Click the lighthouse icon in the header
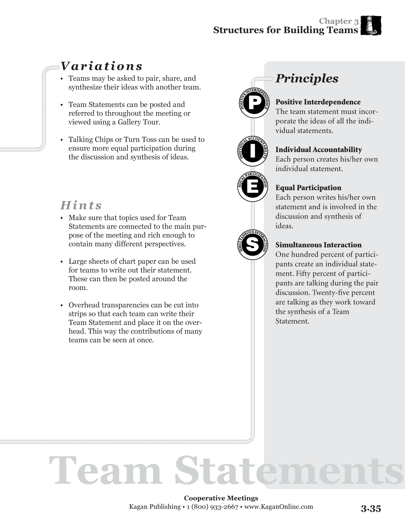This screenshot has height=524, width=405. (x=371, y=25)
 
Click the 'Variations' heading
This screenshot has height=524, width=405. (x=101, y=66)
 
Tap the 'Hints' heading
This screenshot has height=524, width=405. (x=81, y=205)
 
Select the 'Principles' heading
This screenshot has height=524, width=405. (x=307, y=78)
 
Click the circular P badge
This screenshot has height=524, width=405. (x=253, y=104)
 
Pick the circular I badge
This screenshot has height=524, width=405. (x=253, y=151)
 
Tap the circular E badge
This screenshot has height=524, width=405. (x=253, y=187)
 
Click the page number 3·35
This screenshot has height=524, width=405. (x=371, y=509)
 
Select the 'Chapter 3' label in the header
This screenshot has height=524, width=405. (x=339, y=21)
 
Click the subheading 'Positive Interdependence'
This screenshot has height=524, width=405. (x=318, y=102)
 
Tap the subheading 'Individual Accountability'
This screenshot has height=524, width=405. (x=319, y=150)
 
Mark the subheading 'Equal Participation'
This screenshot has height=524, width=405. (x=308, y=188)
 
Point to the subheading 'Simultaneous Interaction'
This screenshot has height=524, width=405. (x=318, y=245)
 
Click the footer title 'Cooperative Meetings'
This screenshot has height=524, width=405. (x=221, y=498)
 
